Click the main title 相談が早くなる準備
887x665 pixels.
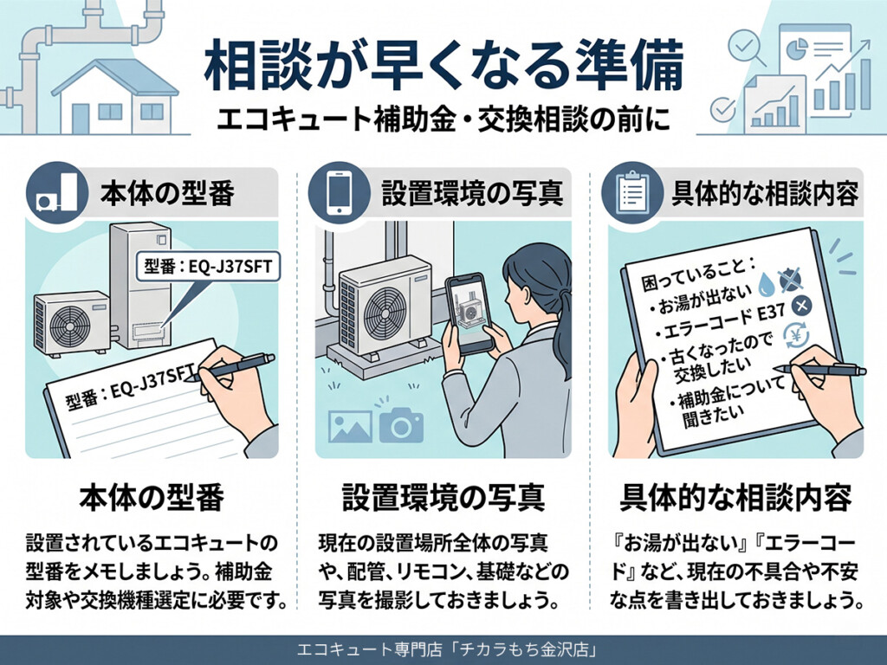pyautogui.click(x=443, y=68)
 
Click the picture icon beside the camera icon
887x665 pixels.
pyautogui.click(x=349, y=425)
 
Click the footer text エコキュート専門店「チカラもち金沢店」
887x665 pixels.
pyautogui.click(x=443, y=649)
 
